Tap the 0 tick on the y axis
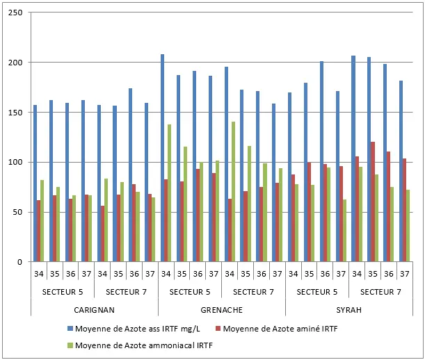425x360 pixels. (19, 262)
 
